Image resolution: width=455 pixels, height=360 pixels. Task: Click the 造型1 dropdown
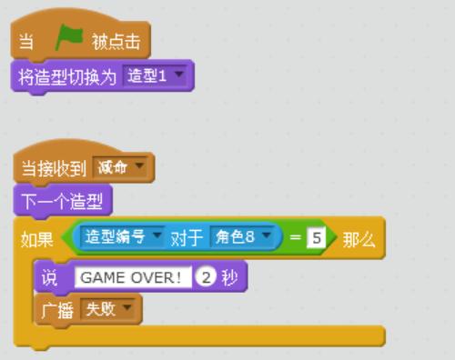pos(157,75)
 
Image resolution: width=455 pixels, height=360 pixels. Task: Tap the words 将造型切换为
pos(67,75)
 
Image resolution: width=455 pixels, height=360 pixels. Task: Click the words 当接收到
pos(53,168)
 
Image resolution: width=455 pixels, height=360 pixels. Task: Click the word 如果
pos(36,239)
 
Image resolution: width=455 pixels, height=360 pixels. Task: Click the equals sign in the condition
pos(293,239)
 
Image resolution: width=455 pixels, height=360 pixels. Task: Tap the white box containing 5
pos(315,239)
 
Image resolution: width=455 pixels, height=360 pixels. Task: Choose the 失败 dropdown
pos(106,309)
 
